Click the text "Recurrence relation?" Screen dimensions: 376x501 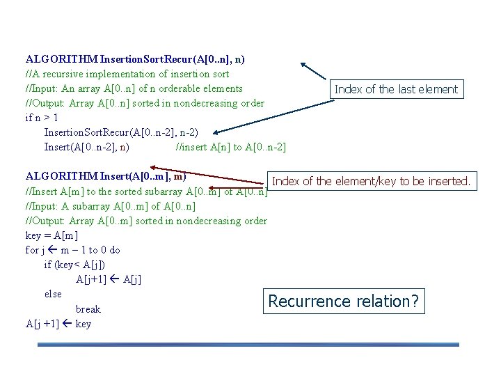click(x=344, y=301)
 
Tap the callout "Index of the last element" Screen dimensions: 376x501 click(x=396, y=89)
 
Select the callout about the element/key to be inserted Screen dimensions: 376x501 click(x=372, y=182)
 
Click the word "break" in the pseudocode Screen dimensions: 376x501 click(x=88, y=309)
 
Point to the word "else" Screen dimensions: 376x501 click(x=53, y=294)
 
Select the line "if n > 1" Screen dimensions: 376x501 click(x=41, y=118)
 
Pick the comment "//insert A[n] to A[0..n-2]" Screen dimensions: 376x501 click(x=232, y=147)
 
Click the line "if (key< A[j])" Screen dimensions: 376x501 click(x=75, y=265)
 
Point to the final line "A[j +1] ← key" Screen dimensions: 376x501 click(x=58, y=324)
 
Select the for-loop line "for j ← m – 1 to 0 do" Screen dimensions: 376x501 click(x=72, y=250)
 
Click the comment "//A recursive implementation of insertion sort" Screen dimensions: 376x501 click(x=127, y=74)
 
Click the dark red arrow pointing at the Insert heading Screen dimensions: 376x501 click(x=209, y=177)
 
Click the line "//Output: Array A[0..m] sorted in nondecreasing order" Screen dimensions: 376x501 click(x=146, y=221)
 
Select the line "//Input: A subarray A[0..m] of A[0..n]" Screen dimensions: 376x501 click(x=110, y=206)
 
